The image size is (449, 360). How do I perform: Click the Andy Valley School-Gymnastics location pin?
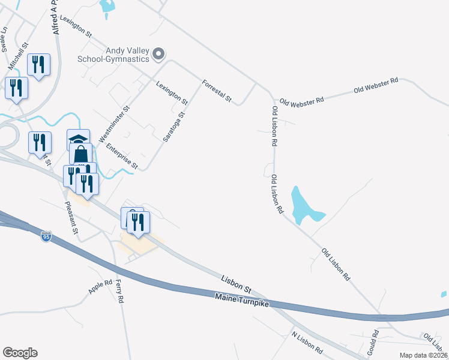158,55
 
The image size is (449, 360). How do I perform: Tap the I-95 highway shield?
47,237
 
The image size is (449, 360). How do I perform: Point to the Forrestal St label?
217,91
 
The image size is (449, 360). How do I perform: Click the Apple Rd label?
100,287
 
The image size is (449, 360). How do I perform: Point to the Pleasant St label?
71,217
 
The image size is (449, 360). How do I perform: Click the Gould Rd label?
375,341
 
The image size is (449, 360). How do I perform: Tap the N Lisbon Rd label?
307,341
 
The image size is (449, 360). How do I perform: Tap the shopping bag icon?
81,154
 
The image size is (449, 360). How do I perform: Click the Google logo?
20,353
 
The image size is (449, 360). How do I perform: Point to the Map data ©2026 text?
423,355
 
